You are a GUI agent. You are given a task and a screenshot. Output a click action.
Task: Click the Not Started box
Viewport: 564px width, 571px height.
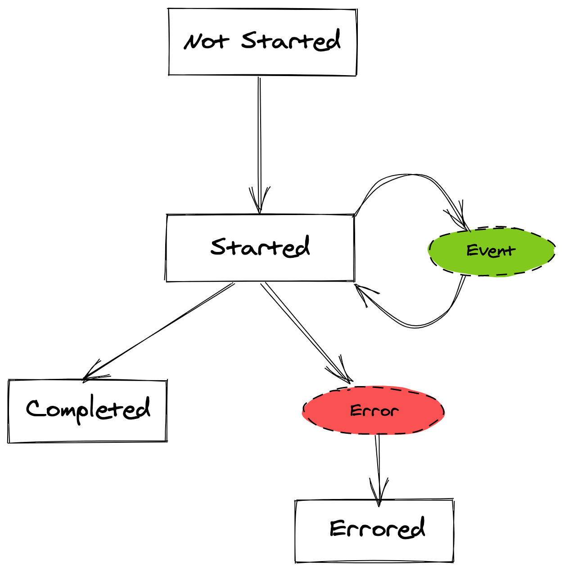pyautogui.click(x=263, y=42)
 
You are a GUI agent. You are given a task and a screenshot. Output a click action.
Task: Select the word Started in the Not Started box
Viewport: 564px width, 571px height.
pyautogui.click(x=290, y=41)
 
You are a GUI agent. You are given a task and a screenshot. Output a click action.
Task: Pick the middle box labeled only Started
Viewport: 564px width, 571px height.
pyautogui.click(x=261, y=248)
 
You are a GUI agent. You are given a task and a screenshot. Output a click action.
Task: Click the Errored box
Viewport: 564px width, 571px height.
pyautogui.click(x=374, y=531)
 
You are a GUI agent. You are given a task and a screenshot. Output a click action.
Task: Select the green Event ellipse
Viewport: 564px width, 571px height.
pyautogui.click(x=491, y=251)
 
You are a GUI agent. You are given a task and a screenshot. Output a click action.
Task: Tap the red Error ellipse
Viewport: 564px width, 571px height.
pyautogui.click(x=374, y=410)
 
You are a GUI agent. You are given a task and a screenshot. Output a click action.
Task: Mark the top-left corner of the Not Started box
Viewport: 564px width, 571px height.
pyautogui.click(x=170, y=9)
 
